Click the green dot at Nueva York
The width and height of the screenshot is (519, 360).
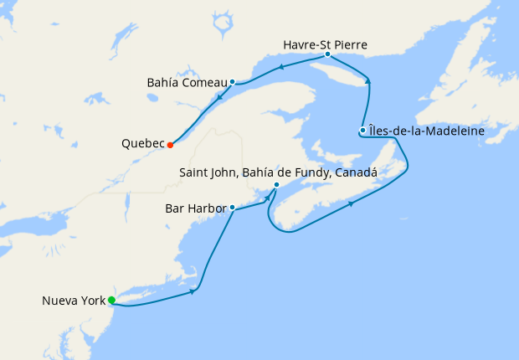[x=111, y=301]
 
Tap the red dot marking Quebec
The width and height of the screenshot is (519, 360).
[x=170, y=145]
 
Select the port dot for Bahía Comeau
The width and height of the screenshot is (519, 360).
[x=232, y=82]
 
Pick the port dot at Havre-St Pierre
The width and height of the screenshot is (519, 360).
[x=327, y=54]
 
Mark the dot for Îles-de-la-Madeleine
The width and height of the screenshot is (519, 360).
[x=362, y=130]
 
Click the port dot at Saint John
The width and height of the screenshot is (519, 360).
[x=275, y=185]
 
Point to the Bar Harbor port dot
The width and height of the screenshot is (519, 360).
[x=232, y=207]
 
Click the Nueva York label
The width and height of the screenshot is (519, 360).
[x=74, y=301]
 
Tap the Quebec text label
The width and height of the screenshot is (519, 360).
[x=142, y=144]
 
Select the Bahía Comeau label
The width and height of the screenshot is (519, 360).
[x=186, y=82]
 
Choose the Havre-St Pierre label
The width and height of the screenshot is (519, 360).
[x=326, y=43]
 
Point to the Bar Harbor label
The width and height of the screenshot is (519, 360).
[x=195, y=207]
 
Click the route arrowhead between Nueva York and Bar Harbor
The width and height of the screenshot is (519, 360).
[x=194, y=291]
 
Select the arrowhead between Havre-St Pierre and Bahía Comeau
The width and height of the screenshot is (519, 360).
[x=281, y=67]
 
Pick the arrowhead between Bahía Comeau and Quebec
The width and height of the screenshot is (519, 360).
[x=219, y=98]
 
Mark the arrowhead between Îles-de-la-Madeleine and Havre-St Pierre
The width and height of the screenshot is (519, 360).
[x=368, y=80]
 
